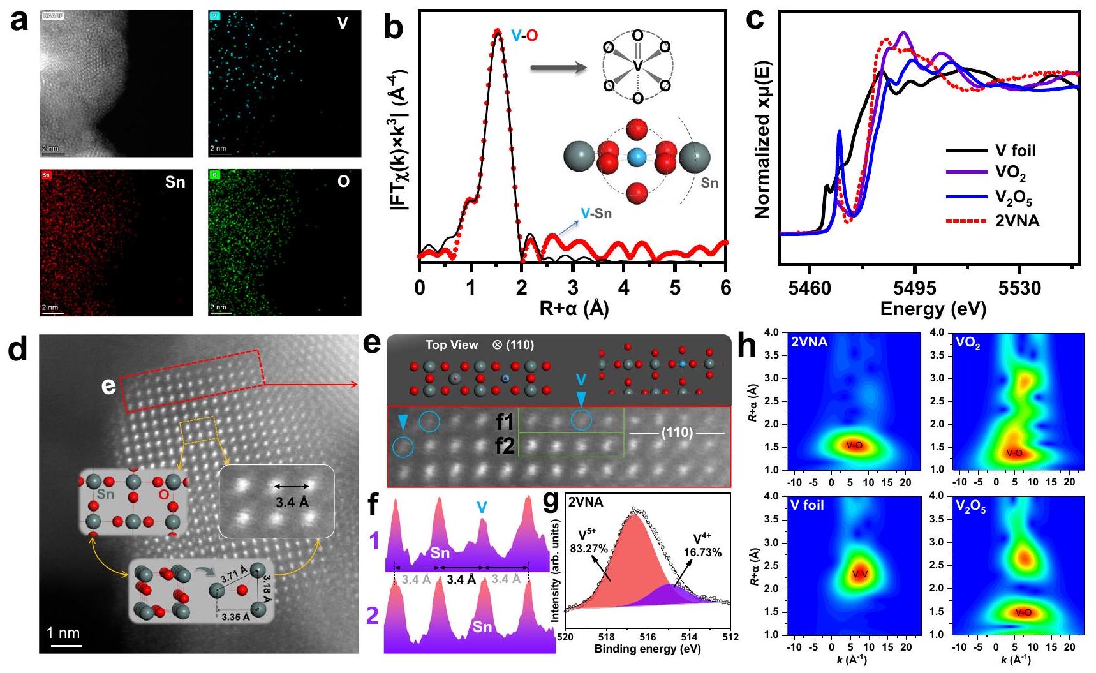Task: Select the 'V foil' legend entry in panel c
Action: (x=1015, y=151)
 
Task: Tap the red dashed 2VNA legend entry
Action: (x=1017, y=221)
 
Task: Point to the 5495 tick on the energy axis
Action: (x=914, y=288)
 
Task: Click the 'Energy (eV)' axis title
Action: (x=933, y=309)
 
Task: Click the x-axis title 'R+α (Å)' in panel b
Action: (x=574, y=309)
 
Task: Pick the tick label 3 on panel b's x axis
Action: (x=573, y=288)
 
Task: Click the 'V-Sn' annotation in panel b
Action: (x=595, y=214)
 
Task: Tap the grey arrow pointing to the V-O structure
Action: (x=558, y=67)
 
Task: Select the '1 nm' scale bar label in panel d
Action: (x=64, y=633)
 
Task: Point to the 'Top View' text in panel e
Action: (x=452, y=345)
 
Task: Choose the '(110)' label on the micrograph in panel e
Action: (x=677, y=433)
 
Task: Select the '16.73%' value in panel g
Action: (x=703, y=552)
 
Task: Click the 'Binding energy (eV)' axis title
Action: (x=648, y=649)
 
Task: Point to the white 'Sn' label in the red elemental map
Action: (x=174, y=182)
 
